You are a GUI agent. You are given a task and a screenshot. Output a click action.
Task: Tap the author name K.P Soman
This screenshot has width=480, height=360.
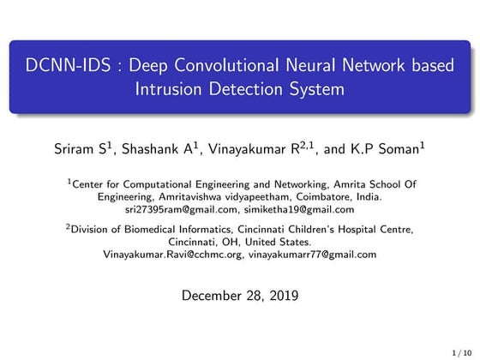tap(385, 149)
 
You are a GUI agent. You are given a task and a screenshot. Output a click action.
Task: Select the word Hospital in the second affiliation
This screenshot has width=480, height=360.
tap(345, 230)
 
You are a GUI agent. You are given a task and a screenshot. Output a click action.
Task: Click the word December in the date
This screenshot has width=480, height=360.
tap(211, 296)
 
